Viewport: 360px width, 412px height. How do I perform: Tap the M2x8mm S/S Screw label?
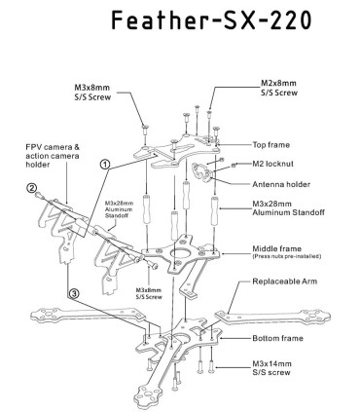278,89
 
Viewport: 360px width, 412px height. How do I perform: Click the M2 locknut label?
270,165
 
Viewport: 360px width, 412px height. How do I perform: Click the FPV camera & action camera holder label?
50,158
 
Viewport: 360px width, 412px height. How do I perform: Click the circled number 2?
32,189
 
